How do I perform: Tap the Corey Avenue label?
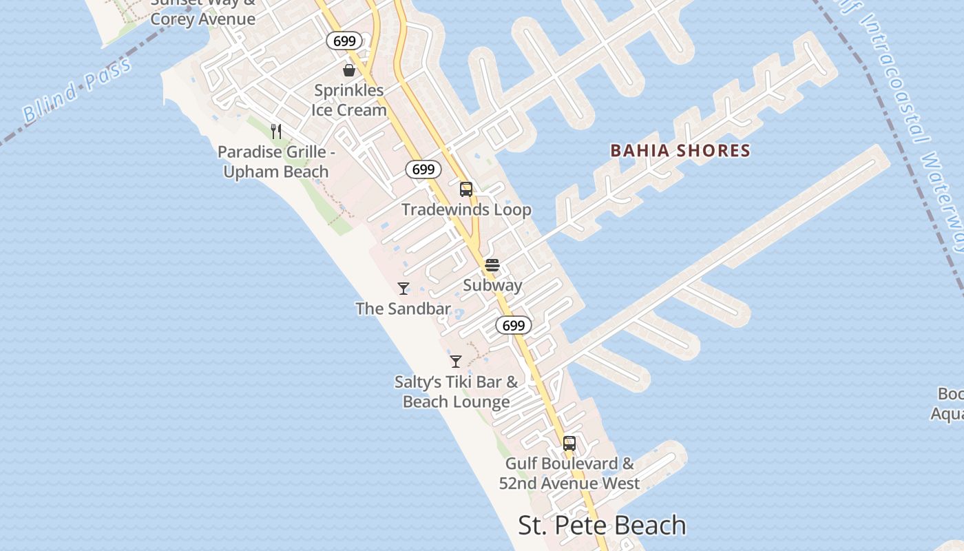point(202,19)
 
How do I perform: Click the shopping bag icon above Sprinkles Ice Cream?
point(349,70)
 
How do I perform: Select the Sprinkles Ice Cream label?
point(348,101)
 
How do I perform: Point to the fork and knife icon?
point(276,131)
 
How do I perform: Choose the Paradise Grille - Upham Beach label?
point(276,162)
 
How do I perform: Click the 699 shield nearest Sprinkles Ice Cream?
point(344,41)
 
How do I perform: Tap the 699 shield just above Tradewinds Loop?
point(423,169)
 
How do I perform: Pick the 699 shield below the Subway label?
point(513,325)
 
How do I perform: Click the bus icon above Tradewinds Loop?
point(466,189)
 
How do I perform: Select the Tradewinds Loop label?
point(466,210)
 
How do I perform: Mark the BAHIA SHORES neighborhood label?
point(680,151)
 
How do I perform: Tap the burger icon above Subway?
point(492,265)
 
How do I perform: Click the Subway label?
point(492,285)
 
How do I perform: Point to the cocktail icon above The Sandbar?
point(404,289)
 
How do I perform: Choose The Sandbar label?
point(404,309)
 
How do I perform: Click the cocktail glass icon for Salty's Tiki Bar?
point(456,361)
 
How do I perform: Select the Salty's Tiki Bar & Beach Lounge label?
point(457,392)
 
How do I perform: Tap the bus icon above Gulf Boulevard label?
point(569,444)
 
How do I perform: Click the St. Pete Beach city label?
point(602,526)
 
